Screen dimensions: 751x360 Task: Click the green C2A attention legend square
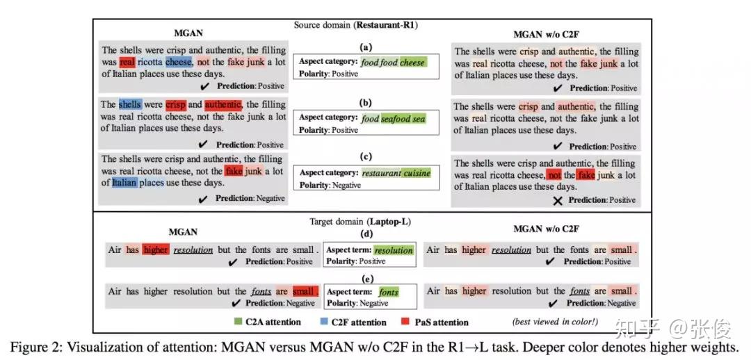pos(239,322)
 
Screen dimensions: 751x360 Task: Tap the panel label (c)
pos(364,160)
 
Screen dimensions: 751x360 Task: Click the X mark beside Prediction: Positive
pos(556,200)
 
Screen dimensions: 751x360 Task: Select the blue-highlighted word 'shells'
pos(130,105)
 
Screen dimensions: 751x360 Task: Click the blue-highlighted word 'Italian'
pos(124,183)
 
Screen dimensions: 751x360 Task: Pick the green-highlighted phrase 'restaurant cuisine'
pos(396,173)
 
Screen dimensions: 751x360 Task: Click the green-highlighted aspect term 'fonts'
pos(389,292)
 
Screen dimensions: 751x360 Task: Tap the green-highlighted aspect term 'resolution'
pos(393,249)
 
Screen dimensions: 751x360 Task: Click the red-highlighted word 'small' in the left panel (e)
pos(303,291)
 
